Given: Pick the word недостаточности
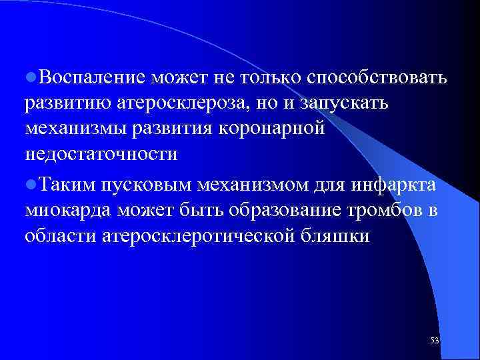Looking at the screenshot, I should click(101, 154).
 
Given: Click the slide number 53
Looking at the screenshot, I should click(435, 341).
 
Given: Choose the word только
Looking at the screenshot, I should click(269, 79).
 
